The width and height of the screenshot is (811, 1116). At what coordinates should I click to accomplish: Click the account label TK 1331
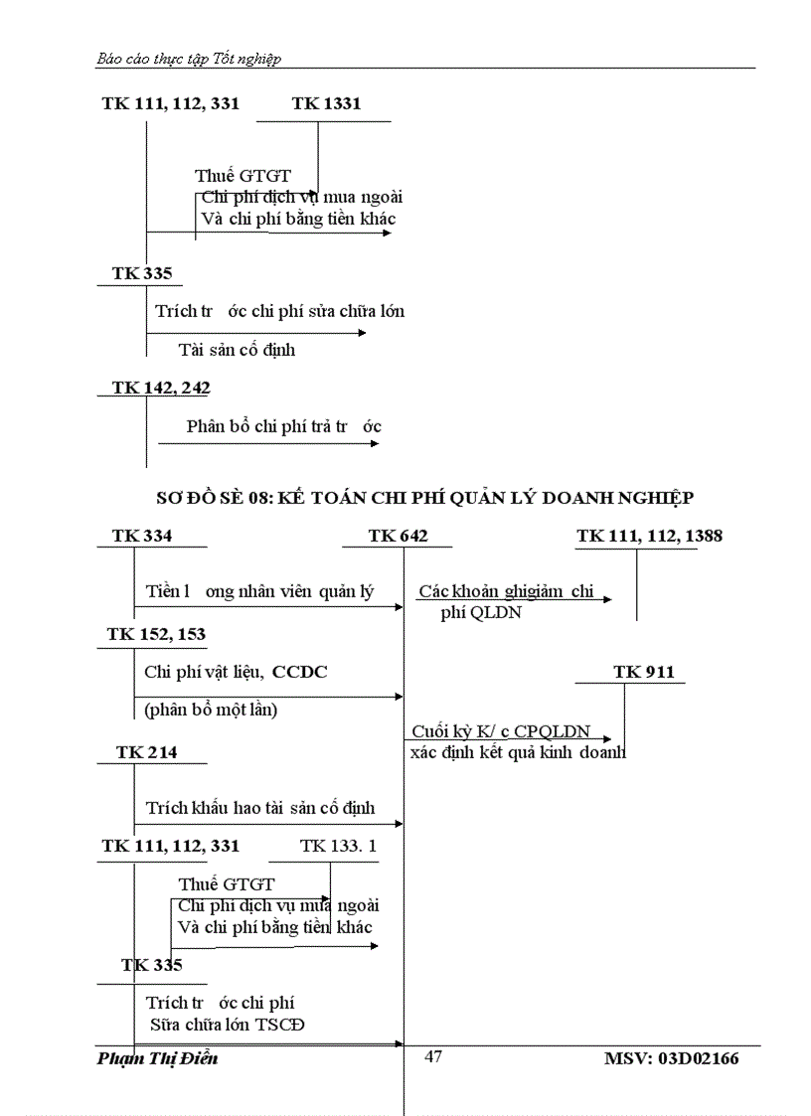(x=326, y=103)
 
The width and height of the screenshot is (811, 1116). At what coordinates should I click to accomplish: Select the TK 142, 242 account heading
(x=161, y=388)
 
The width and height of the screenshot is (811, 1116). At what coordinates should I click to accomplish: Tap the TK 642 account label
(x=398, y=537)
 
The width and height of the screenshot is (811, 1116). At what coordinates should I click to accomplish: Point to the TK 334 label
(x=142, y=537)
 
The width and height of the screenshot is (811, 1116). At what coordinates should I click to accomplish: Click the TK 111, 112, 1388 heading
(x=650, y=537)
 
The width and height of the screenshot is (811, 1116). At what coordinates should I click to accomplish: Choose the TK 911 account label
(x=644, y=673)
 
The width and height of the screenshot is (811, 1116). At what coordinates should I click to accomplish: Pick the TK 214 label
(x=147, y=753)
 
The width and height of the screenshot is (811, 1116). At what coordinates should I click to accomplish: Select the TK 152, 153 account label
(x=157, y=634)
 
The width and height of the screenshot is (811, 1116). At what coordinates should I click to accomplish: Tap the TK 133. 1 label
(x=339, y=846)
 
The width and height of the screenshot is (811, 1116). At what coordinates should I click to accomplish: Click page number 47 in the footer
(x=433, y=1056)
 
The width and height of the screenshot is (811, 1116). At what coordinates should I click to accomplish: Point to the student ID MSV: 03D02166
(x=671, y=1059)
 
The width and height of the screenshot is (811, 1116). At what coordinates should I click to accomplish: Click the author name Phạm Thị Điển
(x=158, y=1059)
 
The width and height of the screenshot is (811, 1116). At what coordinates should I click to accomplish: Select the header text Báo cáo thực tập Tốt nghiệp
(x=189, y=59)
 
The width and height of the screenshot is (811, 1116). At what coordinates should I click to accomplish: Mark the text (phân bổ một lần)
(x=211, y=711)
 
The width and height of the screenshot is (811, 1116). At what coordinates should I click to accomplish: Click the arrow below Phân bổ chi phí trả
(x=268, y=443)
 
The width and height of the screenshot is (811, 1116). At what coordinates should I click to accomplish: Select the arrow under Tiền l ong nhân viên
(x=268, y=606)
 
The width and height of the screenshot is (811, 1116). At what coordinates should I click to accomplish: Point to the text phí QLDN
(x=481, y=613)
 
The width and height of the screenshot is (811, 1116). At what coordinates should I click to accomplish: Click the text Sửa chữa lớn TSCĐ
(x=227, y=1025)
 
